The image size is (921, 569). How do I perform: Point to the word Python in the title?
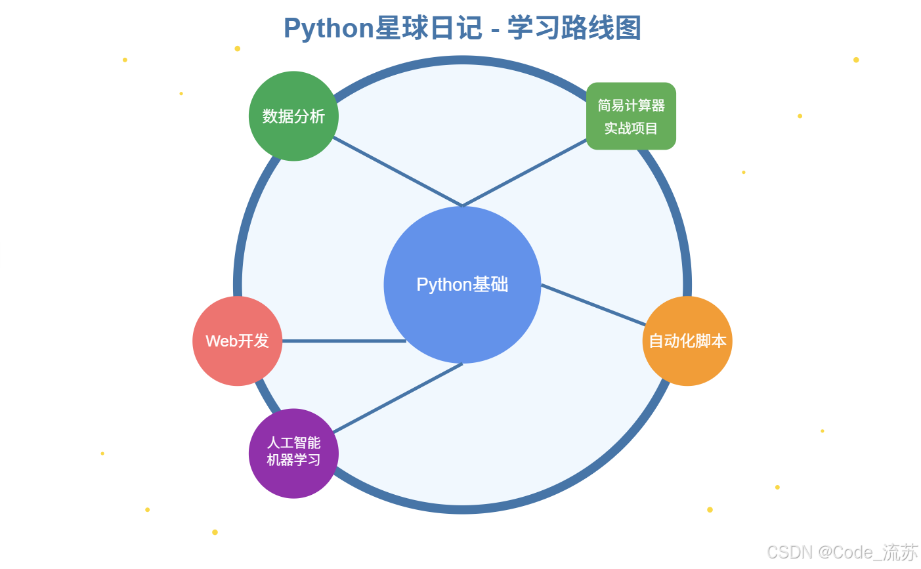[328, 29]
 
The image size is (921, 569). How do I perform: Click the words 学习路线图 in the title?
[574, 29]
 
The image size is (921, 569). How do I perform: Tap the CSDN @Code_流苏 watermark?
[842, 552]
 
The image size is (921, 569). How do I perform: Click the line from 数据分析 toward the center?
[397, 171]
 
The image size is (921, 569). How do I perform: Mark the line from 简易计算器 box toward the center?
[525, 173]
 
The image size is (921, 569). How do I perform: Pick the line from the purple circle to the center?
[397, 398]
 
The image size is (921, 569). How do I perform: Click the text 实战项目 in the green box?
[631, 129]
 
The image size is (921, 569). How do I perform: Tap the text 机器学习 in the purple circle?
[293, 460]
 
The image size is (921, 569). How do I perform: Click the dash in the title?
[494, 30]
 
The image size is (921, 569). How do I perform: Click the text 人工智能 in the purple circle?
[293, 443]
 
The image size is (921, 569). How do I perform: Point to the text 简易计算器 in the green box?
[631, 106]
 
